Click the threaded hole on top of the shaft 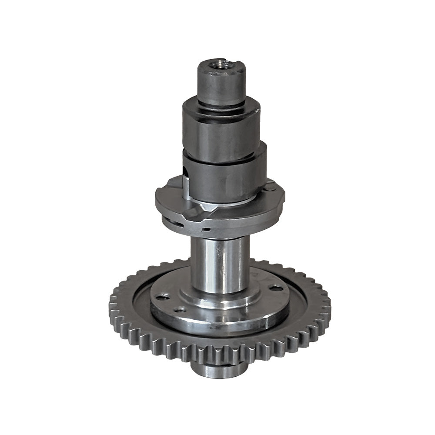[x=221, y=64]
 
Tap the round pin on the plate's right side [x=270, y=187]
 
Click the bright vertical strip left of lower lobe [x=186, y=183]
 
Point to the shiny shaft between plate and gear [x=220, y=265]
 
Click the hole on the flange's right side [x=275, y=288]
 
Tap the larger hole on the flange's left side [x=162, y=297]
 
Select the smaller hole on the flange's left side [x=179, y=310]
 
